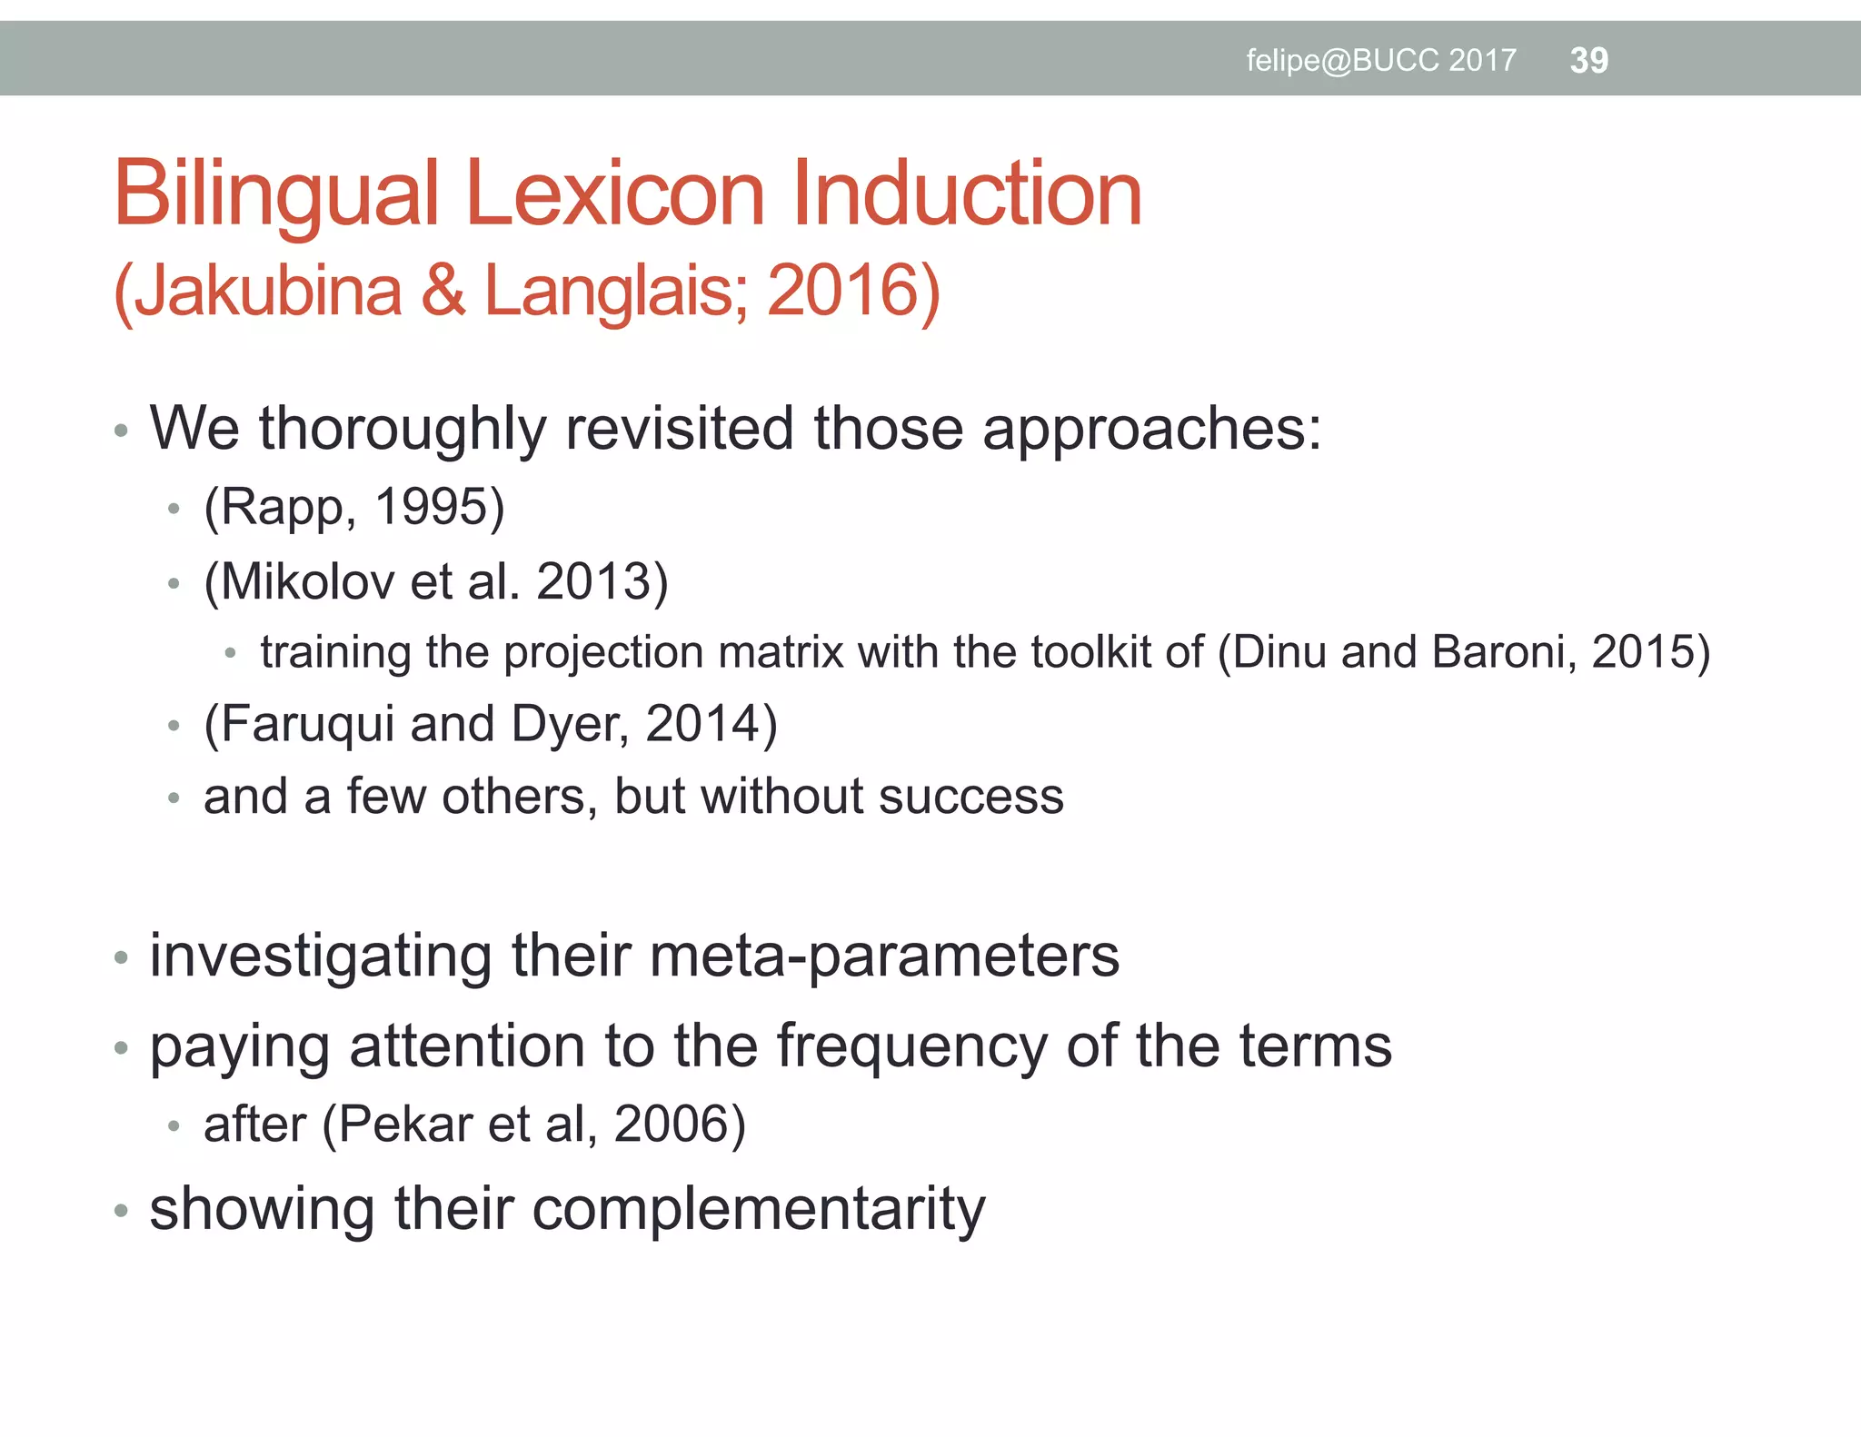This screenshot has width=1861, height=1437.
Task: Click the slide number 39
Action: click(x=1588, y=60)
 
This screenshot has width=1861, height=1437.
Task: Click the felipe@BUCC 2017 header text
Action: click(x=1380, y=60)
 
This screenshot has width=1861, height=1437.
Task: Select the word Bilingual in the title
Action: click(x=276, y=193)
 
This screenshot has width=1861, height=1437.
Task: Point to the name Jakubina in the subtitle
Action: click(x=269, y=291)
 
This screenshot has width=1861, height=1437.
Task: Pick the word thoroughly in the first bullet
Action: click(x=403, y=428)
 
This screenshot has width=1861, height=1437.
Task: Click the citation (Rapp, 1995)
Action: click(x=353, y=507)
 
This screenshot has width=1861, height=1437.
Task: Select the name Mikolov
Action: click(x=306, y=581)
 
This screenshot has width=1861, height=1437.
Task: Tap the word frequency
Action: click(x=911, y=1046)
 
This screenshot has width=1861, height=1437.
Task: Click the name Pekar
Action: click(x=406, y=1125)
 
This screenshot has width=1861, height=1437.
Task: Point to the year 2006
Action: click(x=671, y=1125)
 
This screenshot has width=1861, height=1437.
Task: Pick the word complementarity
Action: click(x=758, y=1209)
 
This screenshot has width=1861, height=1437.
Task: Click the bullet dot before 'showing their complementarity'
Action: click(x=121, y=1212)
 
